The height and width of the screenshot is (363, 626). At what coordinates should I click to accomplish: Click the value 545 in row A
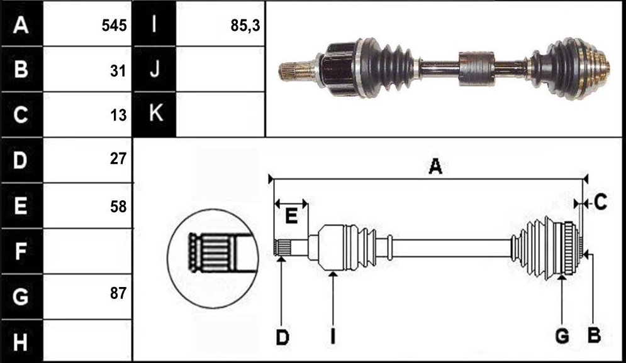(x=114, y=26)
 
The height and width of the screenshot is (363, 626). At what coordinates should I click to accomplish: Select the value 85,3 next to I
(x=245, y=26)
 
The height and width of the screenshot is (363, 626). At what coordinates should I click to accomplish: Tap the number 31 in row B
(x=118, y=71)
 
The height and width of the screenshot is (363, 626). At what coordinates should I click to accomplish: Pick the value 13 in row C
(x=118, y=115)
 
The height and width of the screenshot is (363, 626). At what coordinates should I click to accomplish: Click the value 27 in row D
(x=118, y=159)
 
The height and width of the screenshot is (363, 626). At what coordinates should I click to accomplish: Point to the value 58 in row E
(x=118, y=207)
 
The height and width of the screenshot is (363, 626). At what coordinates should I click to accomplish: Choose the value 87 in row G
(x=118, y=293)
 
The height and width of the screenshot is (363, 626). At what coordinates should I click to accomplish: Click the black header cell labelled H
(x=21, y=341)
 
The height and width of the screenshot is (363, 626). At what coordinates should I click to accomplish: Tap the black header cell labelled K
(x=154, y=114)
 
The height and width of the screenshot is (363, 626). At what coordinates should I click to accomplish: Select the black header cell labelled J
(x=154, y=69)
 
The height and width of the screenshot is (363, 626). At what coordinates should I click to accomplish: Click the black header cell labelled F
(x=21, y=251)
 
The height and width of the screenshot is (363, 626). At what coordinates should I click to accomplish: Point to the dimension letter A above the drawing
(x=435, y=166)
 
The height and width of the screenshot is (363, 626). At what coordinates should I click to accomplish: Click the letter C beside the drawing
(x=600, y=202)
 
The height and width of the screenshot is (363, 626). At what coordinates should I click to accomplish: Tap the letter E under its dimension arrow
(x=291, y=217)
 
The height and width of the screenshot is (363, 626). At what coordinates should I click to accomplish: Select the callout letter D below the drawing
(x=282, y=337)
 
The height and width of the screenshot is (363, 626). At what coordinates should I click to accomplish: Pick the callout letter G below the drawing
(x=562, y=336)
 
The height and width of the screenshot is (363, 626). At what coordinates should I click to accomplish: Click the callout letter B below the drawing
(x=594, y=336)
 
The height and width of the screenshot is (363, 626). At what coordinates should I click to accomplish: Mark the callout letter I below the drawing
(x=333, y=337)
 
